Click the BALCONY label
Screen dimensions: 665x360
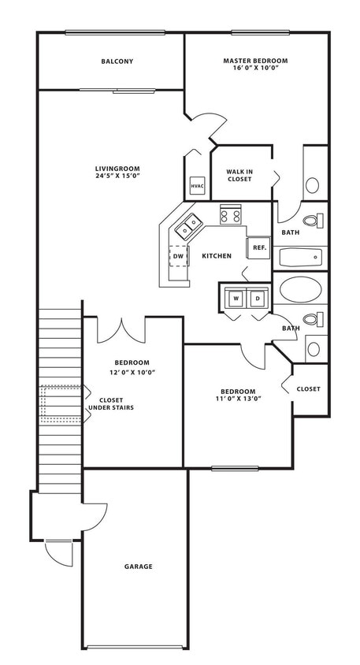[117, 61]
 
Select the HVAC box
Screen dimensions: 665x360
[197, 187]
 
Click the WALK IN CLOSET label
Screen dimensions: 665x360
[239, 175]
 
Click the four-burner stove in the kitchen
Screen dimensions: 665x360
[230, 214]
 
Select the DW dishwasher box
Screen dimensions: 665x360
[179, 256]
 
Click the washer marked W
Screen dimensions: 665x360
[236, 299]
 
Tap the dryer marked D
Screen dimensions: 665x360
[257, 299]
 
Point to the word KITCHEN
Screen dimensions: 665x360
[216, 256]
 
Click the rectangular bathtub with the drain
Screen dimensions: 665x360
[300, 257]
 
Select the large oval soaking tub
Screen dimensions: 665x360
[300, 290]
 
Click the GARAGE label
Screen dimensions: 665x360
[138, 567]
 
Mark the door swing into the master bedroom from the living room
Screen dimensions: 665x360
[202, 126]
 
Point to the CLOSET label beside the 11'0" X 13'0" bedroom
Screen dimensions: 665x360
[308, 389]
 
